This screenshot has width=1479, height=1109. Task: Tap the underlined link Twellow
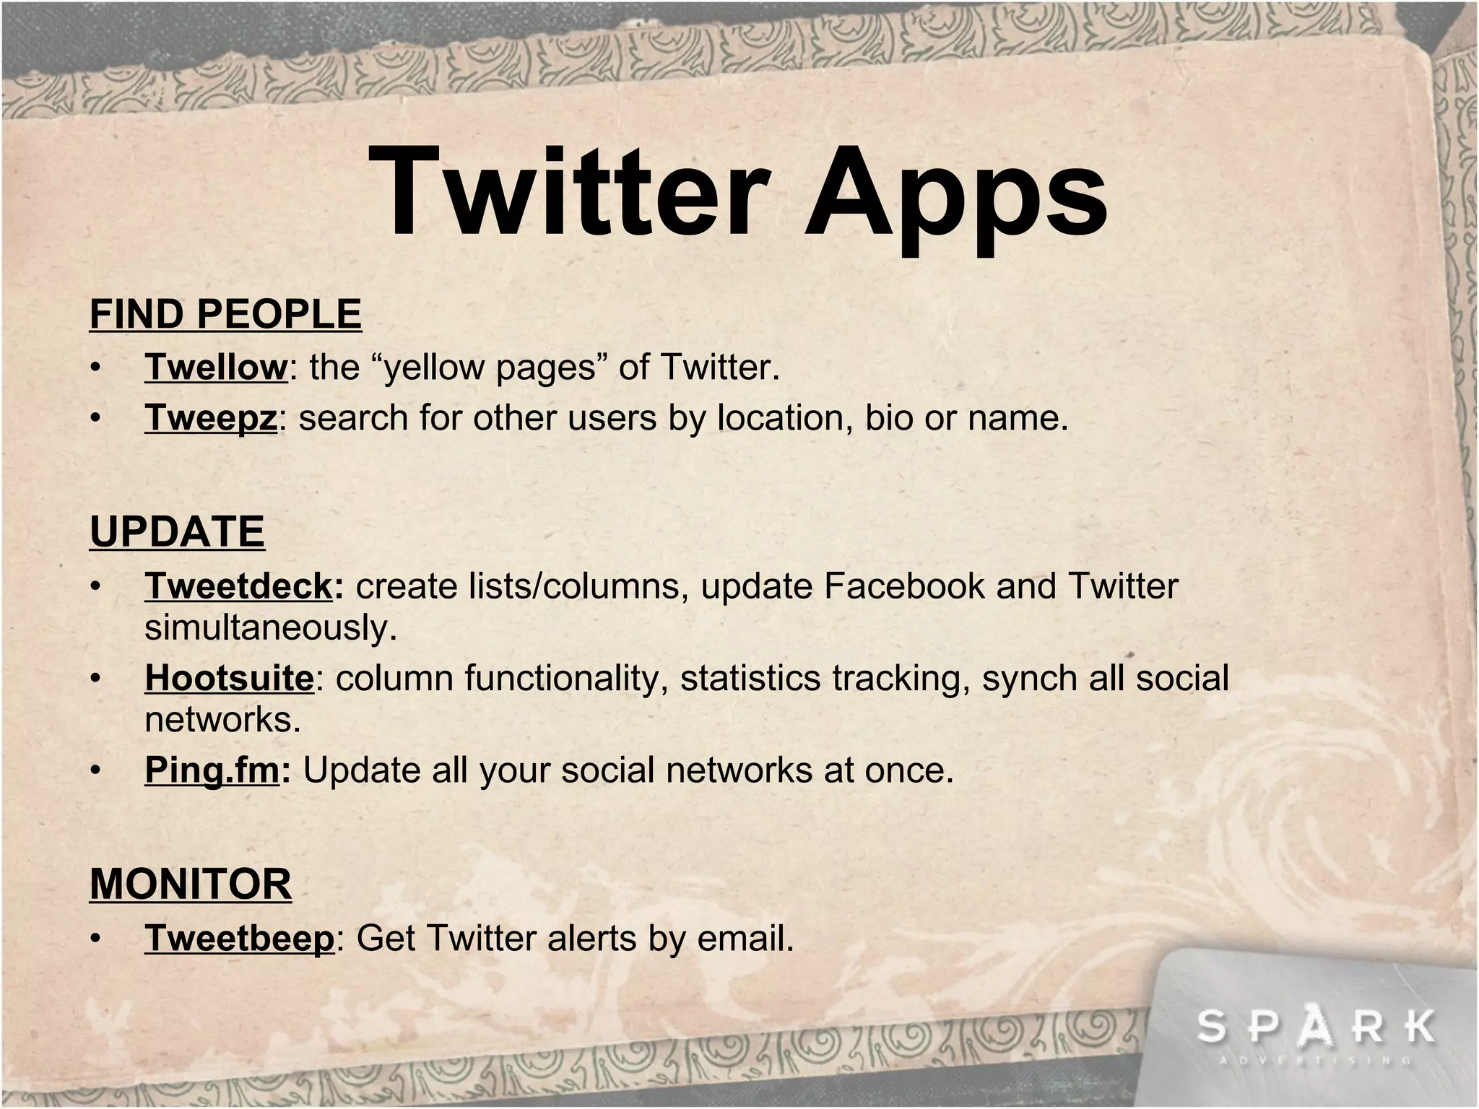pos(217,367)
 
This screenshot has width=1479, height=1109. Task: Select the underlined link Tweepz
pos(211,418)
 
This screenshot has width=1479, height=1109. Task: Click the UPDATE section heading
pos(177,532)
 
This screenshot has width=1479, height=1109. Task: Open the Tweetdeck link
pos(239,586)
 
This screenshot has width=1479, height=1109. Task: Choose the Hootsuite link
pos(230,678)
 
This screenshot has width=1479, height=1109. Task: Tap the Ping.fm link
pos(212,770)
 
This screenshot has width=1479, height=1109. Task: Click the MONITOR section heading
pos(191,884)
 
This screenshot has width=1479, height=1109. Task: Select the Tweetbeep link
pos(240,939)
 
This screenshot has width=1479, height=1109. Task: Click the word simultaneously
pos(271,627)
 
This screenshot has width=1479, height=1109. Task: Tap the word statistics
pos(750,678)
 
